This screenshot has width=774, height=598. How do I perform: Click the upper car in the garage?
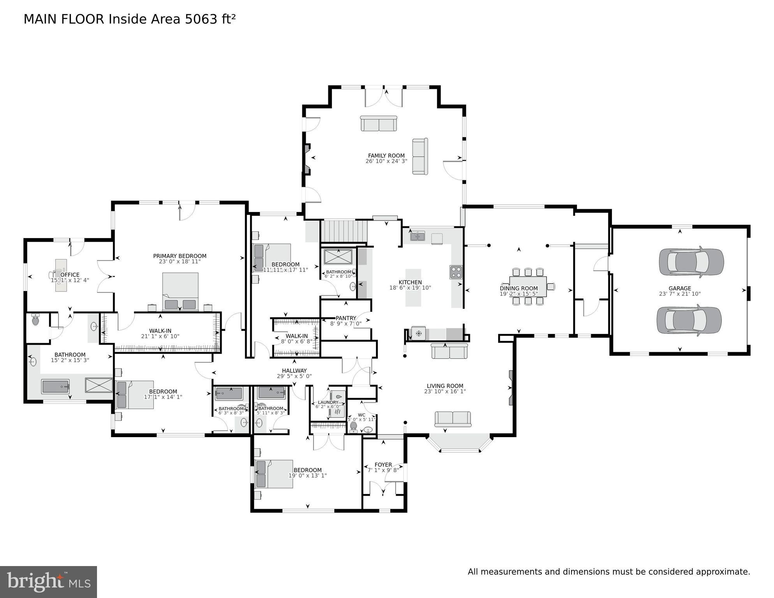click(691, 262)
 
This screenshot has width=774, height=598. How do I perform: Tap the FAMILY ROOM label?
click(386, 155)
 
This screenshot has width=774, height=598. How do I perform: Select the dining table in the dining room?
click(528, 287)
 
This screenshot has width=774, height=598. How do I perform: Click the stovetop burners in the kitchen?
click(456, 272)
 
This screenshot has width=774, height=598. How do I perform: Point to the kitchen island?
click(413, 288)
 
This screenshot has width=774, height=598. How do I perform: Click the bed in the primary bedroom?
click(180, 291)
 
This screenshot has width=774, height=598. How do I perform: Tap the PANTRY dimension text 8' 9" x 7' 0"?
click(346, 324)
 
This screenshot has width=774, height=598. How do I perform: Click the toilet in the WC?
click(354, 426)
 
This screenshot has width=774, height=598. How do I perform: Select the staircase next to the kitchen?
click(344, 231)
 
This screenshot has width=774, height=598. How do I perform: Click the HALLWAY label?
click(294, 370)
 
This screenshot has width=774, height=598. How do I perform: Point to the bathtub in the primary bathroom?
click(55, 386)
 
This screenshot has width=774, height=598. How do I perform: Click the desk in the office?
click(61, 275)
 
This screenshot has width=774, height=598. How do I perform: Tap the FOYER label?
click(383, 464)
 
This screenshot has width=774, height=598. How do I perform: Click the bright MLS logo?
click(48, 582)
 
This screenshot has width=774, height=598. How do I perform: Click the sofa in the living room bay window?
click(453, 419)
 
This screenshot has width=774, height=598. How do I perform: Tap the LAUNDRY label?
click(328, 402)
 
